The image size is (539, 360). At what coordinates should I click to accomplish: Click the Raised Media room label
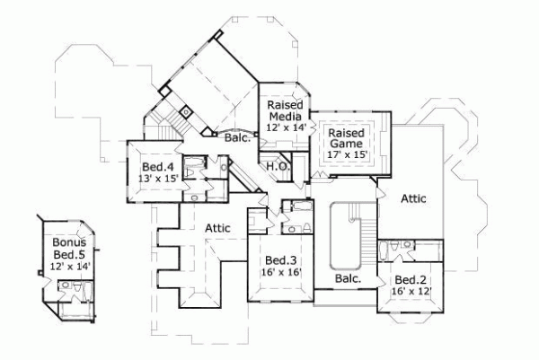pyautogui.click(x=287, y=110)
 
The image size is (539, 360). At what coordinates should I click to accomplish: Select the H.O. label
pyautogui.click(x=277, y=166)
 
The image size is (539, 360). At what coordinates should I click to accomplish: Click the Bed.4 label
pyautogui.click(x=157, y=168)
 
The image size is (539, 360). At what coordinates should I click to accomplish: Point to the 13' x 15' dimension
pyautogui.click(x=157, y=180)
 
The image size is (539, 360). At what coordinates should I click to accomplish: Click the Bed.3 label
pyautogui.click(x=279, y=259)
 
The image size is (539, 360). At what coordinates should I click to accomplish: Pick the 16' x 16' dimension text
pyautogui.click(x=279, y=272)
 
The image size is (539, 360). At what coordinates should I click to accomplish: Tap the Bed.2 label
pyautogui.click(x=411, y=279)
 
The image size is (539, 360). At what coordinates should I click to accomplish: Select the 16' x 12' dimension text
pyautogui.click(x=411, y=292)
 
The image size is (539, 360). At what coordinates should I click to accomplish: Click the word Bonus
pyautogui.click(x=67, y=242)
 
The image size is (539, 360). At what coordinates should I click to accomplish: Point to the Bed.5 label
pyautogui.click(x=67, y=254)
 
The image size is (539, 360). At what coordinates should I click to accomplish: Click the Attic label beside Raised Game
pyautogui.click(x=413, y=198)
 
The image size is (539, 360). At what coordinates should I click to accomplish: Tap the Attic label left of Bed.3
pyautogui.click(x=216, y=229)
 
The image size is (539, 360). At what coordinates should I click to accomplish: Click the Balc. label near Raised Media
pyautogui.click(x=237, y=137)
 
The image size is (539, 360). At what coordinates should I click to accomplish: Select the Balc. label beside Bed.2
pyautogui.click(x=348, y=279)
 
